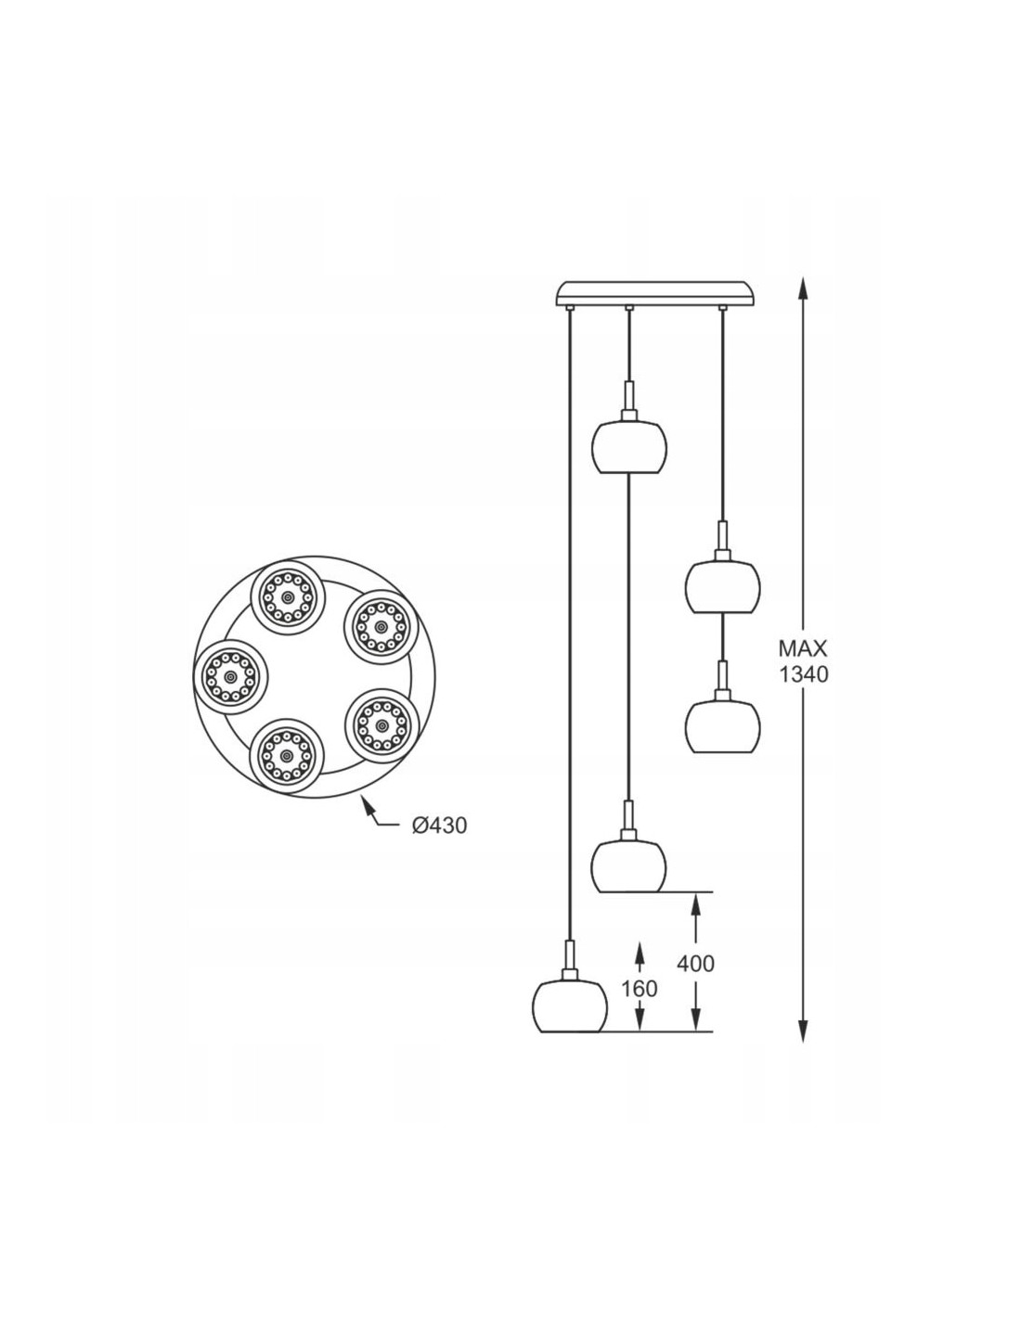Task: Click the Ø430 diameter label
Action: point(438,826)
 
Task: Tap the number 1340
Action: point(804,674)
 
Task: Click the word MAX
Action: point(803,649)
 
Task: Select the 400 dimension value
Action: point(696,964)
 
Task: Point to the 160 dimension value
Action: point(639,989)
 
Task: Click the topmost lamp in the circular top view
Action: point(288,598)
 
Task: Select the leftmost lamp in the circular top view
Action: point(231,676)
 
